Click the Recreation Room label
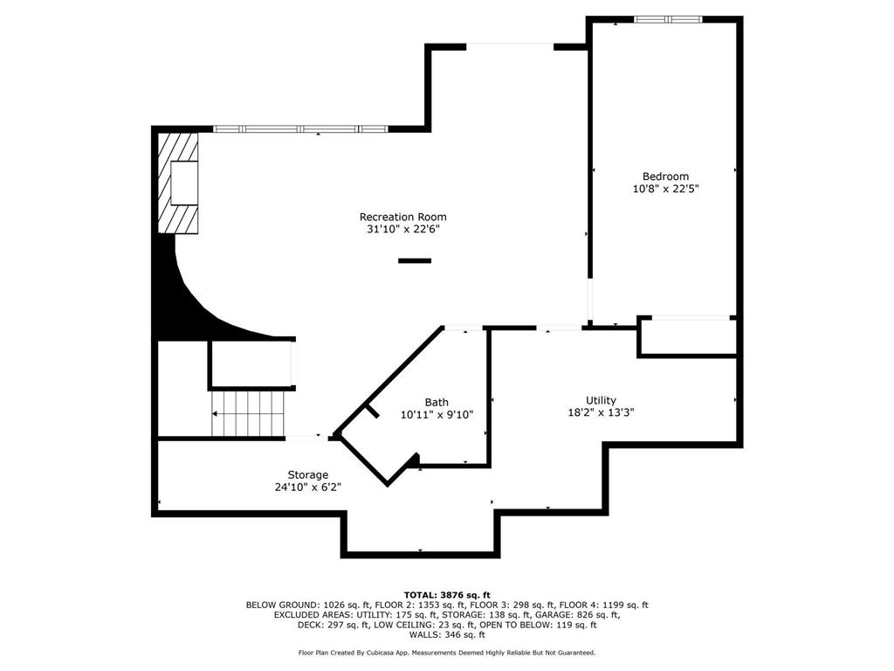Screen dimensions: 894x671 click(402, 217)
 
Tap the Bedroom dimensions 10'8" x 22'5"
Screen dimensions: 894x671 click(665, 189)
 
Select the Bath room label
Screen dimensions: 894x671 click(437, 402)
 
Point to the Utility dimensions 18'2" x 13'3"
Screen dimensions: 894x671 click(601, 412)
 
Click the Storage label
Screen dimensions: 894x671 click(308, 474)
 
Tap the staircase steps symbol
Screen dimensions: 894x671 click(247, 413)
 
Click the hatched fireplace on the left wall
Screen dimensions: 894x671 click(178, 183)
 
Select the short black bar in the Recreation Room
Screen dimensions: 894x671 click(415, 260)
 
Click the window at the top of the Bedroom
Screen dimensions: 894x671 click(668, 19)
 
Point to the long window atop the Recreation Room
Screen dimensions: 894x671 click(300, 129)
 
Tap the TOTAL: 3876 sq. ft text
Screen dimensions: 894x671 click(447, 595)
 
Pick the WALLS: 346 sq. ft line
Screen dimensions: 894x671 click(447, 634)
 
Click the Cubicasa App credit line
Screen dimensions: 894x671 click(447, 652)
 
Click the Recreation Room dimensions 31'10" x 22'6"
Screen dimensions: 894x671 click(403, 230)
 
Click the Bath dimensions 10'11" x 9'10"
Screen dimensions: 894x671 click(437, 415)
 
